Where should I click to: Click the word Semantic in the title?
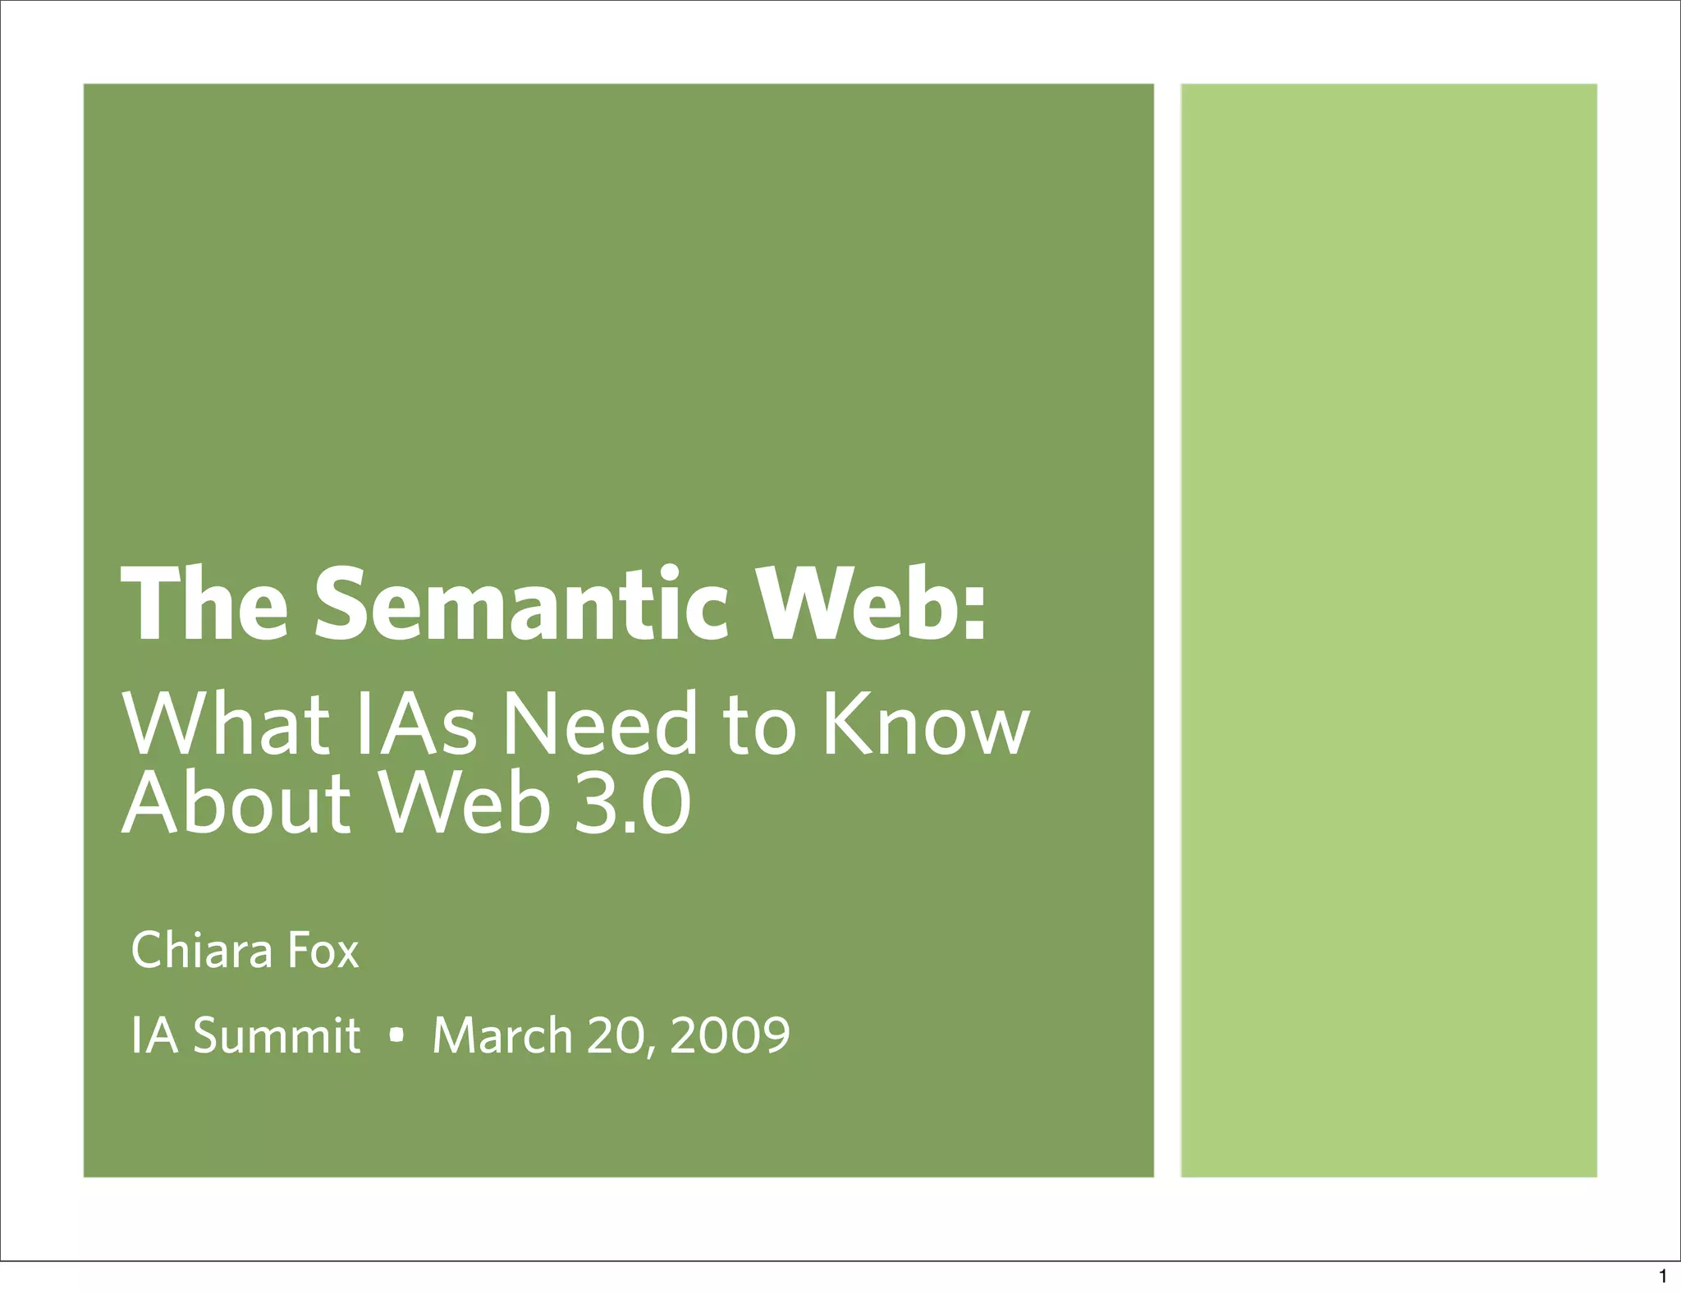pos(520,606)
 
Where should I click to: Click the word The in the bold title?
pos(204,606)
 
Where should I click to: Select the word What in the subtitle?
pos(227,724)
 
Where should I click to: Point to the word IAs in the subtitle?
pos(415,724)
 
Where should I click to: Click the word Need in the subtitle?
pos(599,724)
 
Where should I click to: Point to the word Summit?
pos(277,1035)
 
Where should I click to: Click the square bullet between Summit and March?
pos(397,1037)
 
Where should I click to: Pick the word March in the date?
pos(502,1035)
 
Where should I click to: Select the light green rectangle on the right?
pos(1389,630)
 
